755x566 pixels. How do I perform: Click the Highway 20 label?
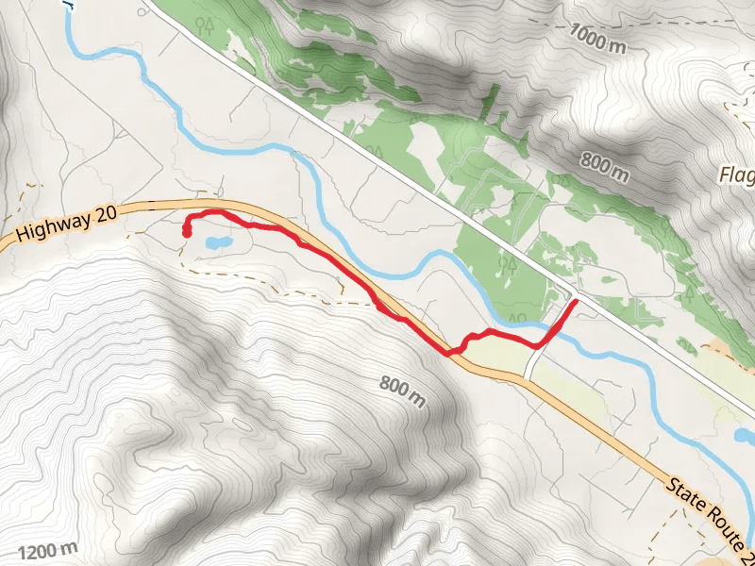tap(66, 225)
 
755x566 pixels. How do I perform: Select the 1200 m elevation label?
tap(46, 550)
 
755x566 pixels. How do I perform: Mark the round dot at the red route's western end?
tap(188, 230)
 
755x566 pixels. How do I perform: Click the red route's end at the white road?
tap(574, 302)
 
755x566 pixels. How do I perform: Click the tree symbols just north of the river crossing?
tap(517, 316)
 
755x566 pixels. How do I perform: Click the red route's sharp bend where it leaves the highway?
tap(449, 353)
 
